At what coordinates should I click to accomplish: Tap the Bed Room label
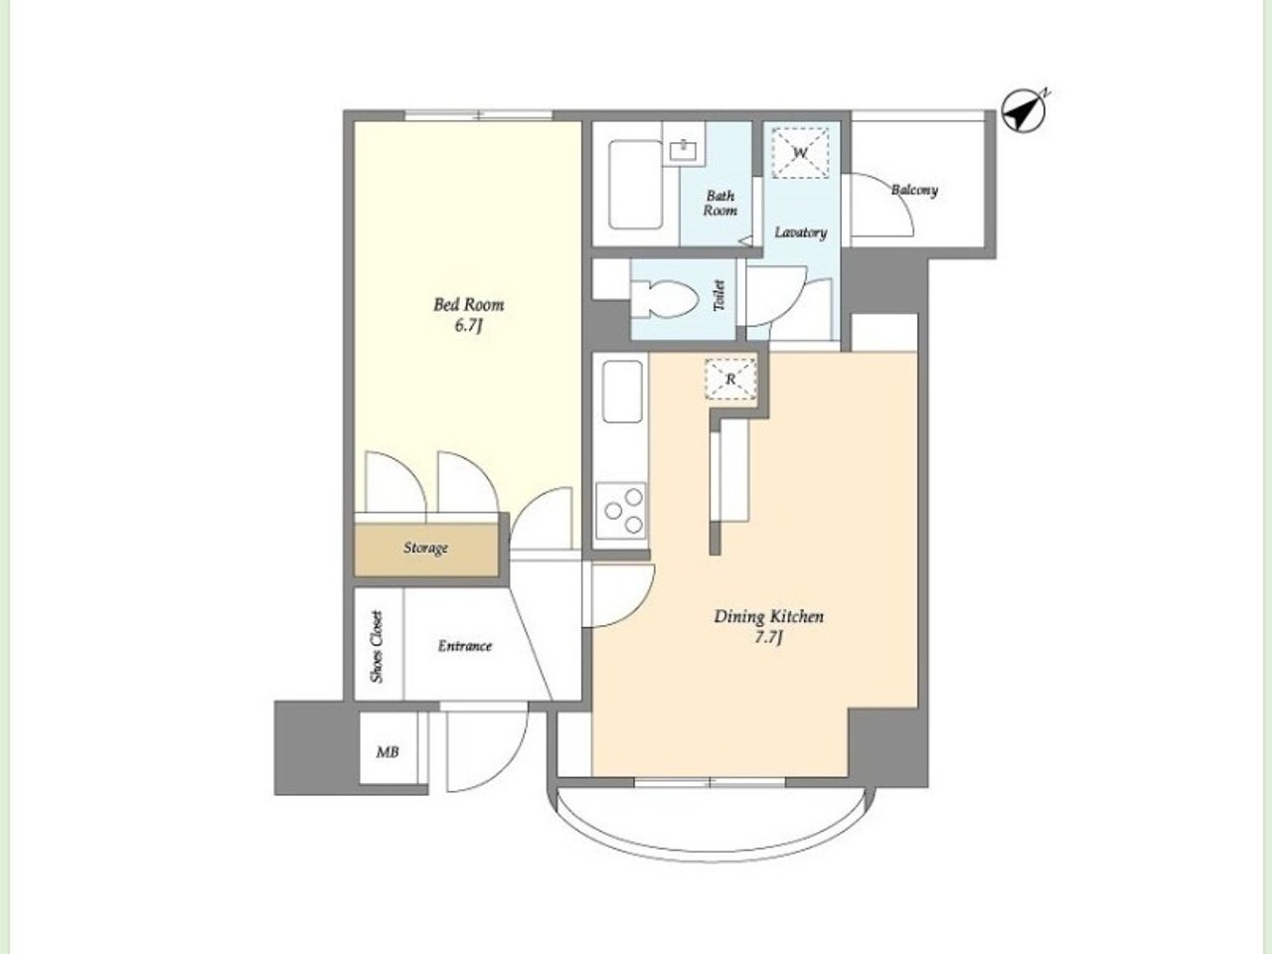point(469,305)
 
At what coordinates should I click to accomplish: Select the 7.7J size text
point(768,638)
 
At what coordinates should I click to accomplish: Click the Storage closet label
point(426,548)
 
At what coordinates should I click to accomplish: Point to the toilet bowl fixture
point(664,299)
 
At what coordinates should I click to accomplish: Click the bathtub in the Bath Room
point(635,184)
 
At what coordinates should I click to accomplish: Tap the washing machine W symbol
point(800,153)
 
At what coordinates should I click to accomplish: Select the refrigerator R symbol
point(730,380)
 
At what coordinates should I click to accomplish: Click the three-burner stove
point(621,511)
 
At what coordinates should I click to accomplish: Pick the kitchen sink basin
point(622,392)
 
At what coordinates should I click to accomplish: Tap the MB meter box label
point(388,752)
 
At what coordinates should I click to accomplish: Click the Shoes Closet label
point(378,646)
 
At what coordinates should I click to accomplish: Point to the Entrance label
point(465,646)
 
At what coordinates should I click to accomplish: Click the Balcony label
point(914,190)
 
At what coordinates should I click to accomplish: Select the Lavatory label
point(801,233)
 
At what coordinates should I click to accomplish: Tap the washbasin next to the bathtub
point(684,151)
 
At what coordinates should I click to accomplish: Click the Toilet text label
point(719,295)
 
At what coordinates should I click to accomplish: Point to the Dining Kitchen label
point(768,616)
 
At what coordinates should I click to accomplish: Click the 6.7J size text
point(468,326)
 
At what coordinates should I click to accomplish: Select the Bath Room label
point(720,204)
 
